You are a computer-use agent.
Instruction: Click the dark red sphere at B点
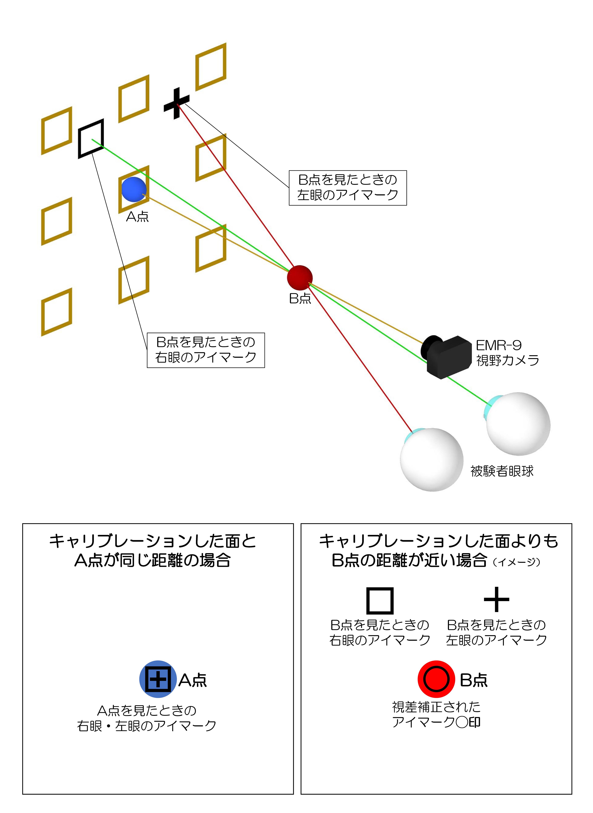[x=300, y=278]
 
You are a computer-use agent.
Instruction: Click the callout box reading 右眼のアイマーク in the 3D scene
[x=206, y=350]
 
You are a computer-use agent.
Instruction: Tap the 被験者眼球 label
[x=502, y=471]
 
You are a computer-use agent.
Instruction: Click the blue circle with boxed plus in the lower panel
[x=158, y=679]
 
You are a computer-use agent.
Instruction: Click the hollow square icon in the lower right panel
[x=380, y=601]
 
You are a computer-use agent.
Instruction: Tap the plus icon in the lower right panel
[x=496, y=599]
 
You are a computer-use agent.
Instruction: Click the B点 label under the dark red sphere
[x=300, y=298]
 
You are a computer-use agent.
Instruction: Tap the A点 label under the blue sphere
[x=137, y=217]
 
